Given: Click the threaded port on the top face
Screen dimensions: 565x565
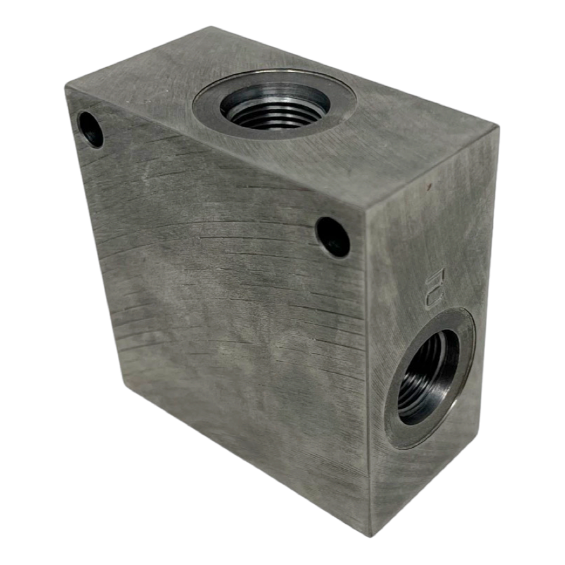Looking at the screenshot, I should (275, 105).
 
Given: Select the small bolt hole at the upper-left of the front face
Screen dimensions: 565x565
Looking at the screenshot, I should (91, 129).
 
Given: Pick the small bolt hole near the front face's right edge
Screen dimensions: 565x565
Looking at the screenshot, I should (333, 237).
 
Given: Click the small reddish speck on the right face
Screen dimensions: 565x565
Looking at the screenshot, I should (429, 187).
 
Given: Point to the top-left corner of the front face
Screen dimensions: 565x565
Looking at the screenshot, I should (66, 89).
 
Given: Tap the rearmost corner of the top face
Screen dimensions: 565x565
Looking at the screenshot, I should (208, 27).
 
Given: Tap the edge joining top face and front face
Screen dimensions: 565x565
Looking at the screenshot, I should (215, 149).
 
